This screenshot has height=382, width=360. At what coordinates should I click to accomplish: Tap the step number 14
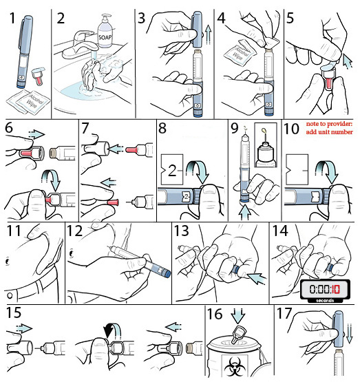280,231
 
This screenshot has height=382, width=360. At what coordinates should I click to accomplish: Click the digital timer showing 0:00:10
325,291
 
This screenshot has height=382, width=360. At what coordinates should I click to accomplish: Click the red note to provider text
329,127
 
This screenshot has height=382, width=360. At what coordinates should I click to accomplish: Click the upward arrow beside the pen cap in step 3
208,34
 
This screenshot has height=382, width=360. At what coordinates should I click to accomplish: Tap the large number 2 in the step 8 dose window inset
172,170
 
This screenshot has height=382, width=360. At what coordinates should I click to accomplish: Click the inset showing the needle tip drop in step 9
266,145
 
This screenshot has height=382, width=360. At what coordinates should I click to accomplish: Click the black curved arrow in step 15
109,330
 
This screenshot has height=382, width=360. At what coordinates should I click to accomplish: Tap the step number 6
9,128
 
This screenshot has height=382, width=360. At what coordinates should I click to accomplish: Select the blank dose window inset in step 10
297,169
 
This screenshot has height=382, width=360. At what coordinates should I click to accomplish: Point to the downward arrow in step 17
349,333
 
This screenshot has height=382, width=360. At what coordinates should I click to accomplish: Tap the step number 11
14,231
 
